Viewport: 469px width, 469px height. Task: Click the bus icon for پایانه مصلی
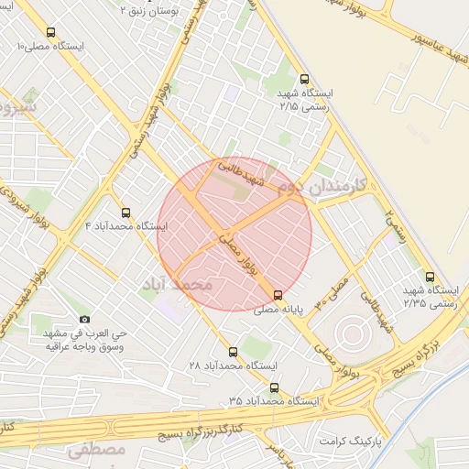[x=278, y=294]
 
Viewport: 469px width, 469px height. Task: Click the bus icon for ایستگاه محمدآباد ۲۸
[x=232, y=351]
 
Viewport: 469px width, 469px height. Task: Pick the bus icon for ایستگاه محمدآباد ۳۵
[x=274, y=387]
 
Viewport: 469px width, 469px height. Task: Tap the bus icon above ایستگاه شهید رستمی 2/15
[x=305, y=79]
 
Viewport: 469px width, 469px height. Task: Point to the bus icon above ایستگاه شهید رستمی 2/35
[x=430, y=277]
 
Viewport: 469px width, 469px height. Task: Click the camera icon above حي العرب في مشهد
[x=85, y=319]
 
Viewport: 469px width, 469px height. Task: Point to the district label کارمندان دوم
[x=322, y=186]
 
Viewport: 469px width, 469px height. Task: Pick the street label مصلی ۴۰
[x=333, y=292]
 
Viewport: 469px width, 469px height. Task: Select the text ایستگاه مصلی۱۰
[x=50, y=46]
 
